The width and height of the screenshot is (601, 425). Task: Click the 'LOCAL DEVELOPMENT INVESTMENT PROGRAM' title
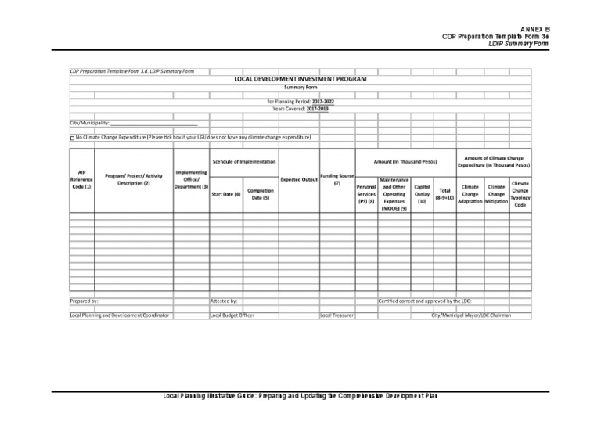coord(300,79)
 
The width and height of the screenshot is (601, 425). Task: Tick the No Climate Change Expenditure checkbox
coord(72,138)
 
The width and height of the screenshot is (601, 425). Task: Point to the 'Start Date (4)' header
coord(225,193)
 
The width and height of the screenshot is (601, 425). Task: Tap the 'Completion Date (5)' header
coord(261,194)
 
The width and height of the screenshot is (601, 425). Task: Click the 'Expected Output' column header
coord(298,179)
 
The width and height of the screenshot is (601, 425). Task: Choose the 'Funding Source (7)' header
coord(336,180)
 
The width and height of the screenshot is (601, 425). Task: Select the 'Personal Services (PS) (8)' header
coord(366,194)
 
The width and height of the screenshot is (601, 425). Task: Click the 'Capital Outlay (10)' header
coord(421,194)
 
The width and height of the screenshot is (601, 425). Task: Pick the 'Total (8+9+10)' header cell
coord(444,193)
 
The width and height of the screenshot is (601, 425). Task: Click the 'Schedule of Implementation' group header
coord(243,161)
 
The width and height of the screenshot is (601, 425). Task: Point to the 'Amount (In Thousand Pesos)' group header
coord(405,161)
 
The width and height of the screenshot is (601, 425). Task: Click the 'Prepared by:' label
coord(85,301)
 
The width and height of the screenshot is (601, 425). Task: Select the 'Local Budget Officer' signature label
coord(232,315)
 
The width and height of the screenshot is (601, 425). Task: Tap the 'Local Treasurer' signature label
coord(336,315)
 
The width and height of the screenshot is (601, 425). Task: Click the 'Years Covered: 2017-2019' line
coord(300,109)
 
